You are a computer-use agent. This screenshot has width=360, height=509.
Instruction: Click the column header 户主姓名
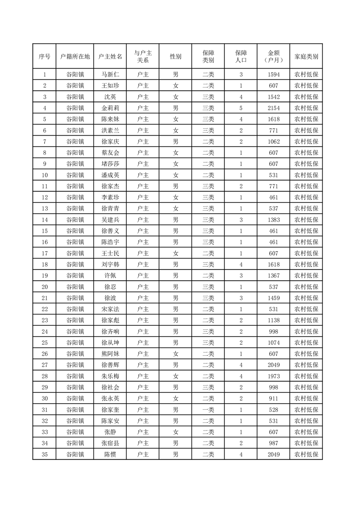tap(110, 57)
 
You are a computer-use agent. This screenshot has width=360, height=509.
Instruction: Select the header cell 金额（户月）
tap(273, 57)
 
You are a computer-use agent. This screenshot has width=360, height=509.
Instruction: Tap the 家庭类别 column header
tap(306, 57)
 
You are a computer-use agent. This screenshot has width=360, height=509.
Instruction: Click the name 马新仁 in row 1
tap(110, 74)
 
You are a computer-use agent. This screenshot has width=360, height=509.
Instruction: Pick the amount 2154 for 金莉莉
tap(273, 108)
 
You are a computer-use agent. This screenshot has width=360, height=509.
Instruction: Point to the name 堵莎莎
tap(110, 164)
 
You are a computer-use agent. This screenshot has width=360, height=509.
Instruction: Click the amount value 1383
tap(273, 220)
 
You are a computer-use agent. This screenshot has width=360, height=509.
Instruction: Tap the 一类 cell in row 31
tap(208, 410)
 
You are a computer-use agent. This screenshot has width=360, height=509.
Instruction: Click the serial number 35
tap(44, 454)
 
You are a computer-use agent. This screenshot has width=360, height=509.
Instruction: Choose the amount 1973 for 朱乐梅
tap(273, 376)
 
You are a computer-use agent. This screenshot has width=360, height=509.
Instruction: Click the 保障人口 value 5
tap(241, 108)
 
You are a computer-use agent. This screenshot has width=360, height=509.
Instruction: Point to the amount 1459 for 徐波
tap(273, 298)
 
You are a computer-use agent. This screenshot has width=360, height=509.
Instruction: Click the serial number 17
tap(44, 253)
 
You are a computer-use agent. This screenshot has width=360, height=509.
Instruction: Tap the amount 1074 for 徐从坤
tap(273, 343)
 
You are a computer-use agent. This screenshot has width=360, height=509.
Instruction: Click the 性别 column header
tap(175, 57)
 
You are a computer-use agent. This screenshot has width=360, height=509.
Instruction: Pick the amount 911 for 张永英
tap(273, 398)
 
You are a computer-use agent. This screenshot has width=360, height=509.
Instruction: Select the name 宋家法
tap(110, 309)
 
